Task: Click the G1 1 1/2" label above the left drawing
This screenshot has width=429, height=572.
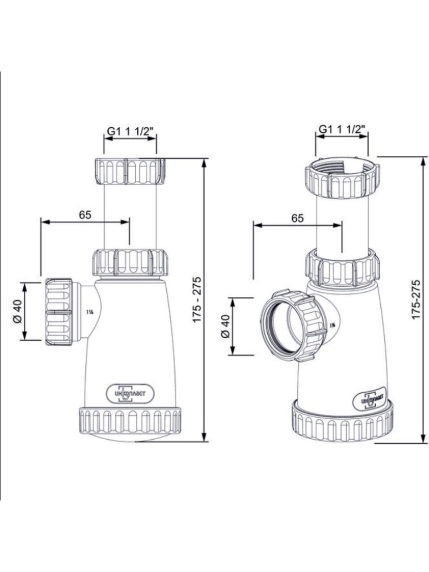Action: pos(130,131)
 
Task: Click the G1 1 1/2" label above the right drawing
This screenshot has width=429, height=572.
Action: pos(342,129)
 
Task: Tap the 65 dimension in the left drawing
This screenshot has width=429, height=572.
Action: pos(85,214)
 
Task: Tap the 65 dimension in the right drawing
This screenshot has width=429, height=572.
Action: pos(297,218)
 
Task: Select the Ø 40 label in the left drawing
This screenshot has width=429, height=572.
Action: pos(17,311)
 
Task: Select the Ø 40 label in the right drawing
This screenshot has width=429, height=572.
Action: pos(225,326)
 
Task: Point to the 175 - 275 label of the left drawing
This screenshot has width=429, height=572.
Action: pos(197,300)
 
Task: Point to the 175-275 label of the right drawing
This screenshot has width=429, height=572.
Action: pos(416,299)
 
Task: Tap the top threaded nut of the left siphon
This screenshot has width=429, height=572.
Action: pos(130,171)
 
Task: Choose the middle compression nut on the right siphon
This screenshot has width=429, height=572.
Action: pos(343,268)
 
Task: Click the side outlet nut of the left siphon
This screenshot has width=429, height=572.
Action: pos(59,311)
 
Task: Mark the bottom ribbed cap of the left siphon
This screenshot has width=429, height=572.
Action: pos(130,420)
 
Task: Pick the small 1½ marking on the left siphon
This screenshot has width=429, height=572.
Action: pos(89,312)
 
